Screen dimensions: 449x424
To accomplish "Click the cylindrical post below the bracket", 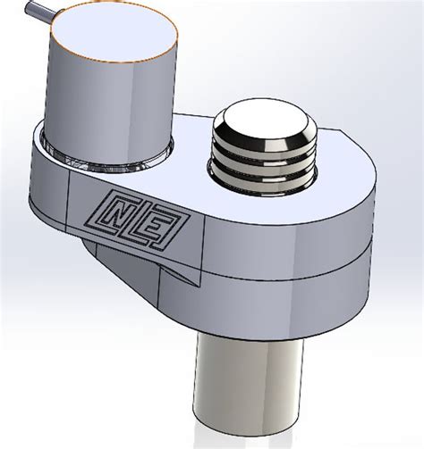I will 246,384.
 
